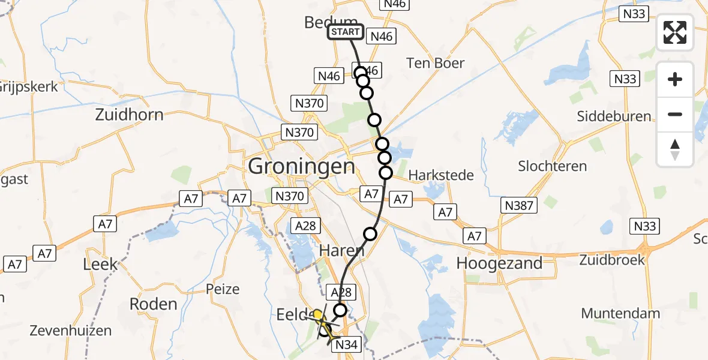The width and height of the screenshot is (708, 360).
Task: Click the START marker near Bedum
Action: (x=346, y=32)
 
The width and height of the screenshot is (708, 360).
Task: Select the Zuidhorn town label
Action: (x=129, y=115)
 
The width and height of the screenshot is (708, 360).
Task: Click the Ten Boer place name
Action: (x=435, y=63)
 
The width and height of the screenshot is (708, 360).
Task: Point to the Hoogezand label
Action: (x=499, y=263)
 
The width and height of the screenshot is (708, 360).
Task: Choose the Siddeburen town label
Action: (x=614, y=116)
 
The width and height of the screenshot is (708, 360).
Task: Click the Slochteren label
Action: (x=552, y=166)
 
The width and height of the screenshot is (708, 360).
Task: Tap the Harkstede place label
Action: (x=441, y=175)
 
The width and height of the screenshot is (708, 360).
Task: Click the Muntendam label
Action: (x=620, y=313)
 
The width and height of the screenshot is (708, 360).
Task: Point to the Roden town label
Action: (x=153, y=304)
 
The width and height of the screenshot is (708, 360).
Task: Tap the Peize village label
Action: (x=223, y=289)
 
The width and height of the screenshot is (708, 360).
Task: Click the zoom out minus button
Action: (x=675, y=114)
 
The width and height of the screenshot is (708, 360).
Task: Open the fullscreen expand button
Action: (x=675, y=32)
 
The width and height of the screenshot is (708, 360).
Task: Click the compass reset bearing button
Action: (x=675, y=149)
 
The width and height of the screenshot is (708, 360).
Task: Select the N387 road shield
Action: (x=519, y=206)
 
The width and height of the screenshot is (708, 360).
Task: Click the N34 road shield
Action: (x=346, y=344)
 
